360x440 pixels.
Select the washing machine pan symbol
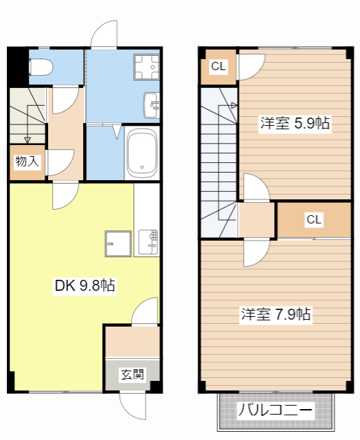pos(146,67)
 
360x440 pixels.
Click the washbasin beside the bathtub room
pos(151,105)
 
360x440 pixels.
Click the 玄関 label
pos(133,375)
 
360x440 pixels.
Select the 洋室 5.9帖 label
pos(295,124)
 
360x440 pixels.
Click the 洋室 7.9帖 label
pos(275,315)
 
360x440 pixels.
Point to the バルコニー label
pos(275,411)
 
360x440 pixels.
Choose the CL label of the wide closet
pos(314,220)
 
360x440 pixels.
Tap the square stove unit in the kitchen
pos(117,243)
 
